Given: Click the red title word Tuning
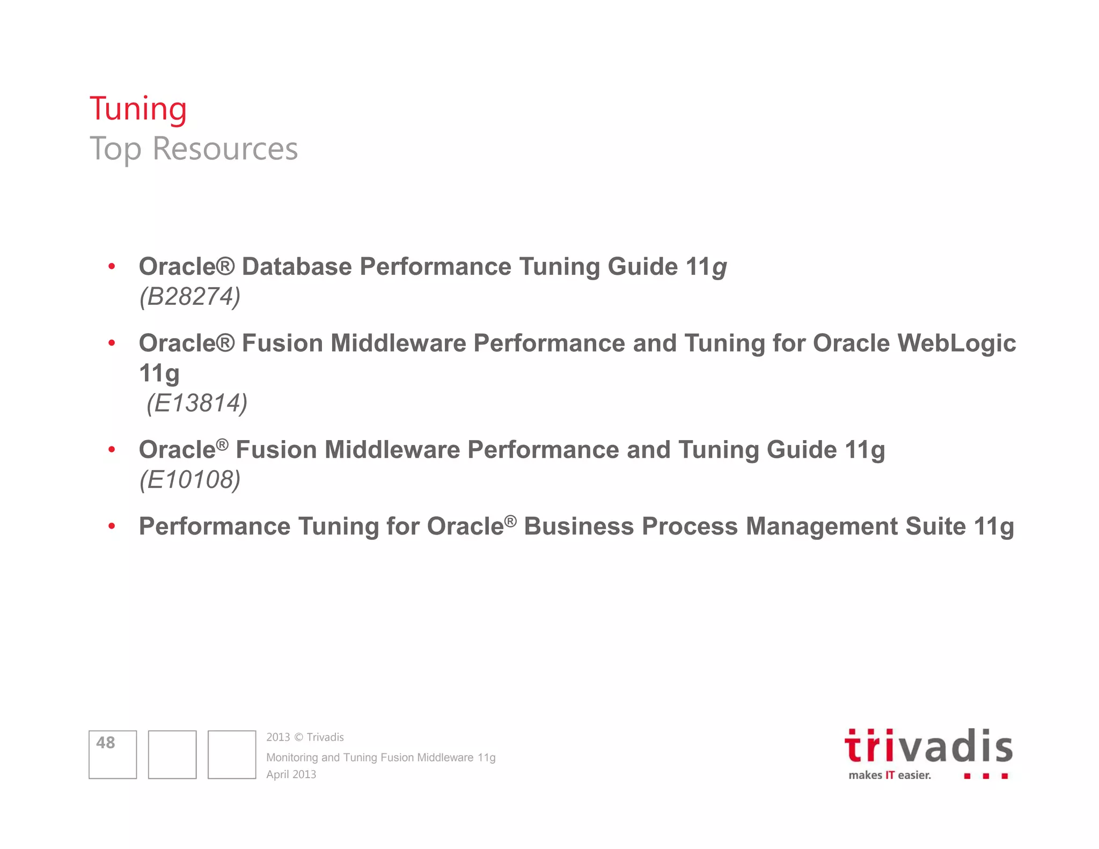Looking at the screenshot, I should pos(138,109).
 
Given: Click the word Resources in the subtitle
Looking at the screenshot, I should pos(225,149).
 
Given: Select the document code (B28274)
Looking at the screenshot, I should pos(190,296).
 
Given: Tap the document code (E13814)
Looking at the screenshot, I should pos(196,403).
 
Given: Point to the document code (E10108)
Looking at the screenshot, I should pos(190,479).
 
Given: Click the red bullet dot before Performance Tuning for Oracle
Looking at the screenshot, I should pos(112,526).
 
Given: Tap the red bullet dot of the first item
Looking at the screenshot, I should pos(112,267).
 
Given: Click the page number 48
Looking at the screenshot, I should pos(106,743).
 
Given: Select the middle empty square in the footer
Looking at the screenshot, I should pos(172,754).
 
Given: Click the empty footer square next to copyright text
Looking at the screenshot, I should pos(231,754).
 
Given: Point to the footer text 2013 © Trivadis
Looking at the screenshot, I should pos(305,737).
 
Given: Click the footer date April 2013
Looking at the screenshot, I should pos(291,774).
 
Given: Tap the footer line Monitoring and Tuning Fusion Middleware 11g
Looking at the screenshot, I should pos(380,757).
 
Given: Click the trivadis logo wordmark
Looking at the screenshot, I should pos(928,746).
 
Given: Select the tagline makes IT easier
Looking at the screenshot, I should pos(890,775).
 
